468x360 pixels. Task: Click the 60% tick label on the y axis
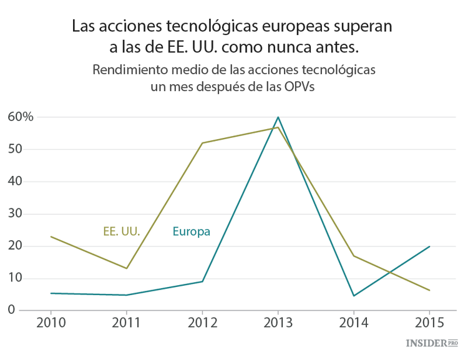pyautogui.click(x=20, y=117)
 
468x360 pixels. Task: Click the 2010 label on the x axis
pyautogui.click(x=51, y=323)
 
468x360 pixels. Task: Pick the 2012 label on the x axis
pyautogui.click(x=202, y=323)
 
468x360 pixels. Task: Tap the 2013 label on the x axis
pyautogui.click(x=278, y=323)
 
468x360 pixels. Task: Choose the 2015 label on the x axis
pyautogui.click(x=429, y=323)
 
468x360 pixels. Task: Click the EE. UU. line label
pyautogui.click(x=121, y=231)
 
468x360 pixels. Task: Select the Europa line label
pyautogui.click(x=191, y=231)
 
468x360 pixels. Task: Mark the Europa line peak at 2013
pyautogui.click(x=278, y=117)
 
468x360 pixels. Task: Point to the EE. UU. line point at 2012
pyautogui.click(x=202, y=143)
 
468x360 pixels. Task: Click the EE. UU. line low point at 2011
pyautogui.click(x=127, y=268)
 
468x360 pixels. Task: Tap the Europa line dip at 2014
pyautogui.click(x=354, y=296)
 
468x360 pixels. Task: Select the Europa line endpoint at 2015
pyautogui.click(x=429, y=246)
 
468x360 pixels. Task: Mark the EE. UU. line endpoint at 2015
pyautogui.click(x=429, y=290)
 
